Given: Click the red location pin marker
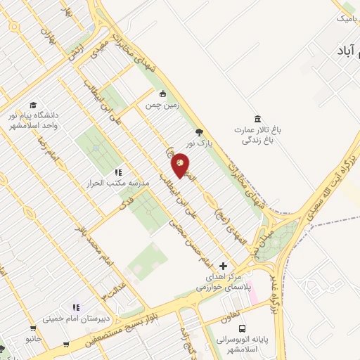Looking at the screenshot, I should [180, 166].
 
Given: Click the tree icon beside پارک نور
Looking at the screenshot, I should [200, 131].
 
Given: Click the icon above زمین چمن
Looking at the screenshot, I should [163, 94].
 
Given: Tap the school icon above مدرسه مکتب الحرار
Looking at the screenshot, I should [117, 172].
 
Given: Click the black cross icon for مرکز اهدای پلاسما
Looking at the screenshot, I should [223, 266].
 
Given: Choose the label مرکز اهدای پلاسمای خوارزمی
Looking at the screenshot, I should [224, 283].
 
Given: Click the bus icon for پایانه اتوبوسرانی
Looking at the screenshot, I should [242, 328].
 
